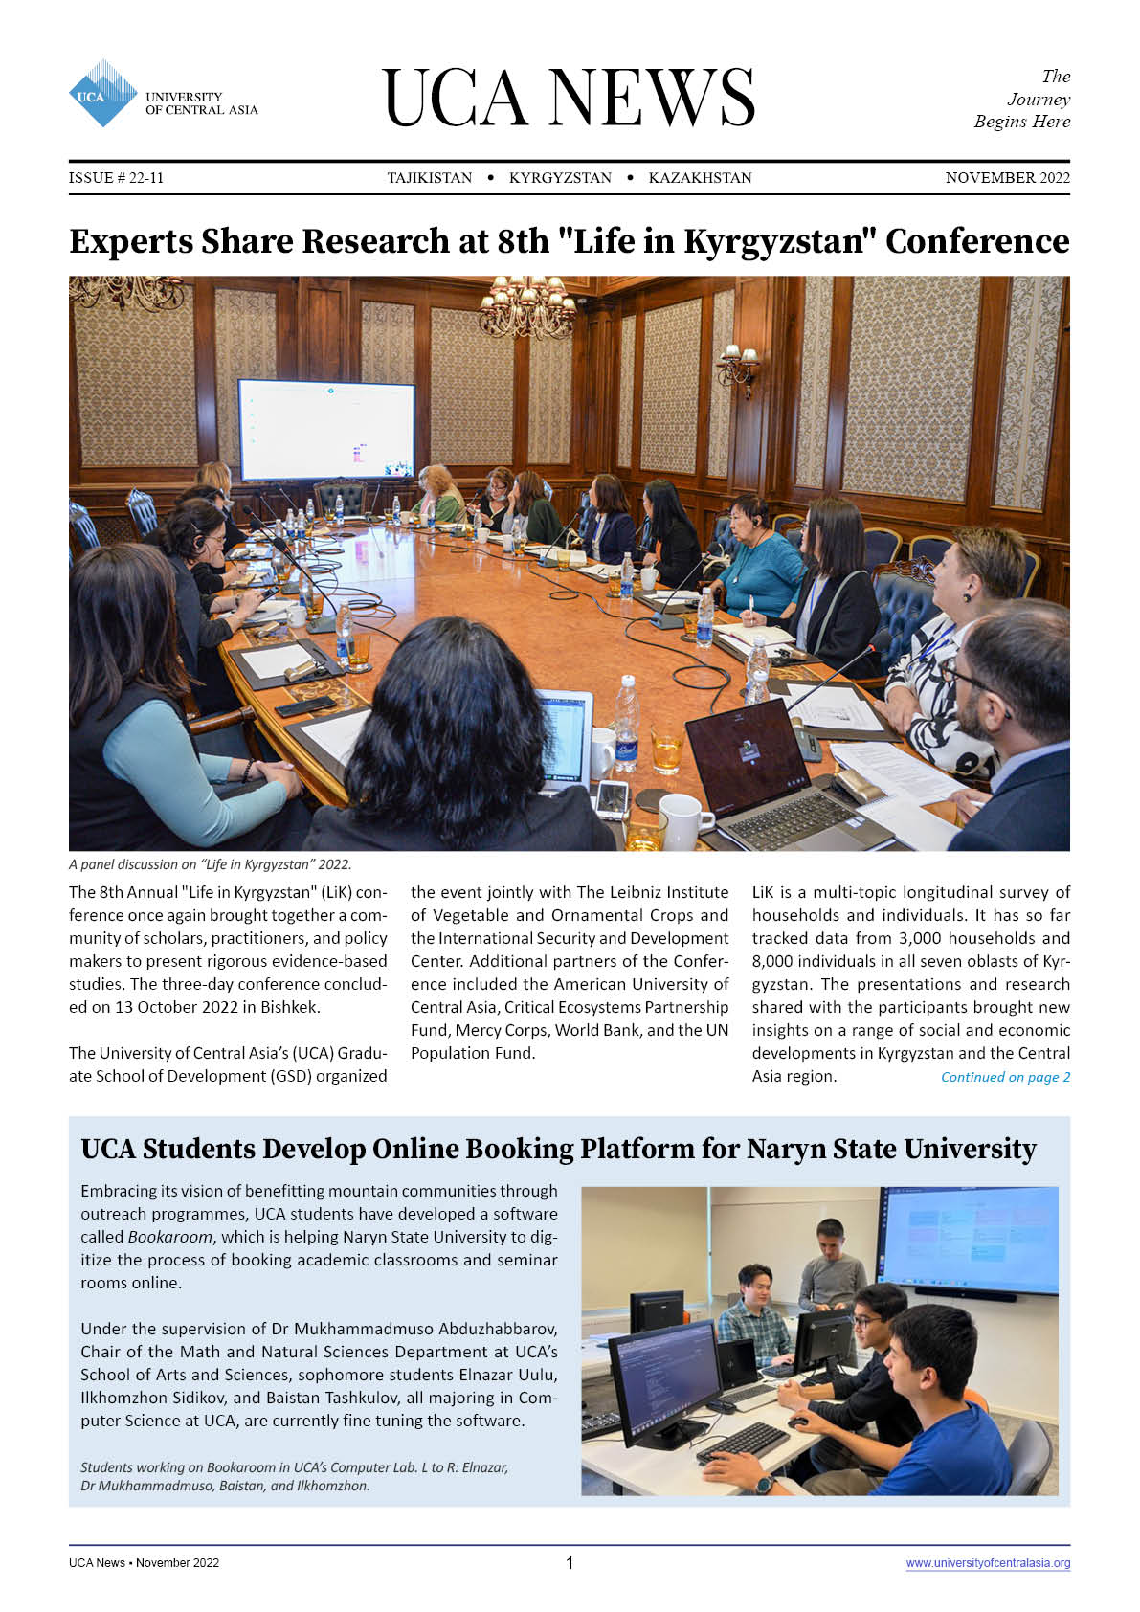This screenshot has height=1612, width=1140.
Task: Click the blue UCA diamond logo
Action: click(x=102, y=94)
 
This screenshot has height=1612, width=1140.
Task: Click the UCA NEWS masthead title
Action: click(x=569, y=98)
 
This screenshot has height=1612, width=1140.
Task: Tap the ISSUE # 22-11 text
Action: click(x=116, y=178)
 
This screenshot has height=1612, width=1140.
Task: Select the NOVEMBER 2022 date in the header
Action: click(x=1007, y=178)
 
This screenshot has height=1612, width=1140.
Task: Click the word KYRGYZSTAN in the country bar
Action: click(x=560, y=178)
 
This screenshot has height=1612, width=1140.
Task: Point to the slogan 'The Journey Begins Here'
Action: click(x=1023, y=99)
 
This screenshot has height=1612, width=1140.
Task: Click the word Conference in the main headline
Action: click(x=976, y=241)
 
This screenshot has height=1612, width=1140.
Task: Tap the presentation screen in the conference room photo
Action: click(x=326, y=430)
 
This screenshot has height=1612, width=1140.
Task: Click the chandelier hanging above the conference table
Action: click(x=526, y=306)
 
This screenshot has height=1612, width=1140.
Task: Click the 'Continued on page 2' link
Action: click(x=1005, y=1077)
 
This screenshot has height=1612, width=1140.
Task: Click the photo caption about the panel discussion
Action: click(x=211, y=864)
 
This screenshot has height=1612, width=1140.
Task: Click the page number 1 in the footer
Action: click(x=570, y=1563)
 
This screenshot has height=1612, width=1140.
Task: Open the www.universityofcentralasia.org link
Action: click(x=988, y=1563)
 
